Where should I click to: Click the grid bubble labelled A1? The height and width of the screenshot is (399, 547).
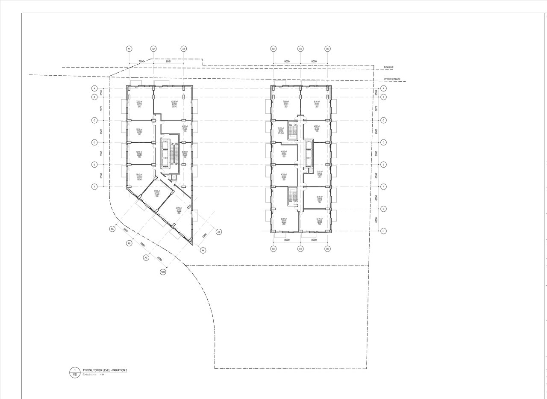click(x=129, y=49)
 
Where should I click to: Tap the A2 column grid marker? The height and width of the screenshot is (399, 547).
click(x=153, y=49)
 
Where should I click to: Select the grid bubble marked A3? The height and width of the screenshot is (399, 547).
click(x=184, y=49)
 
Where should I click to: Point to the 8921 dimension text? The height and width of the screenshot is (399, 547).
click(x=168, y=62)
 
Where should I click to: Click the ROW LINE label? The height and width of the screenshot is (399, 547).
click(x=388, y=68)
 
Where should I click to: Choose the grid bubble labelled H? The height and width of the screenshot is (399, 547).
click(x=383, y=231)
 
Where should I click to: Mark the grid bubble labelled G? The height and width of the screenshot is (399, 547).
click(x=383, y=209)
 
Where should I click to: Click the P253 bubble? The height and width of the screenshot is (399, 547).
click(x=163, y=272)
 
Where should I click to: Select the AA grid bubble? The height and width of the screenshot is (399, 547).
click(x=112, y=229)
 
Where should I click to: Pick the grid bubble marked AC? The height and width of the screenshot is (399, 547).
click(x=146, y=257)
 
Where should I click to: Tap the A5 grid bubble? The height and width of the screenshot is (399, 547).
click(x=219, y=232)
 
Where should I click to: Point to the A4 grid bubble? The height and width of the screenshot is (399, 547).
click(x=203, y=250)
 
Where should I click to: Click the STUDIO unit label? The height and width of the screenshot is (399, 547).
click(x=281, y=133)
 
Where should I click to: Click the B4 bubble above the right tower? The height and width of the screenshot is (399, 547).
click(x=300, y=49)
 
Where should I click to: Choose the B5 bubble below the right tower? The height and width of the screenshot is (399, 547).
click(x=328, y=248)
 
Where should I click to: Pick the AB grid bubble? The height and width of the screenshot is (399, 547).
click(x=129, y=243)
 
